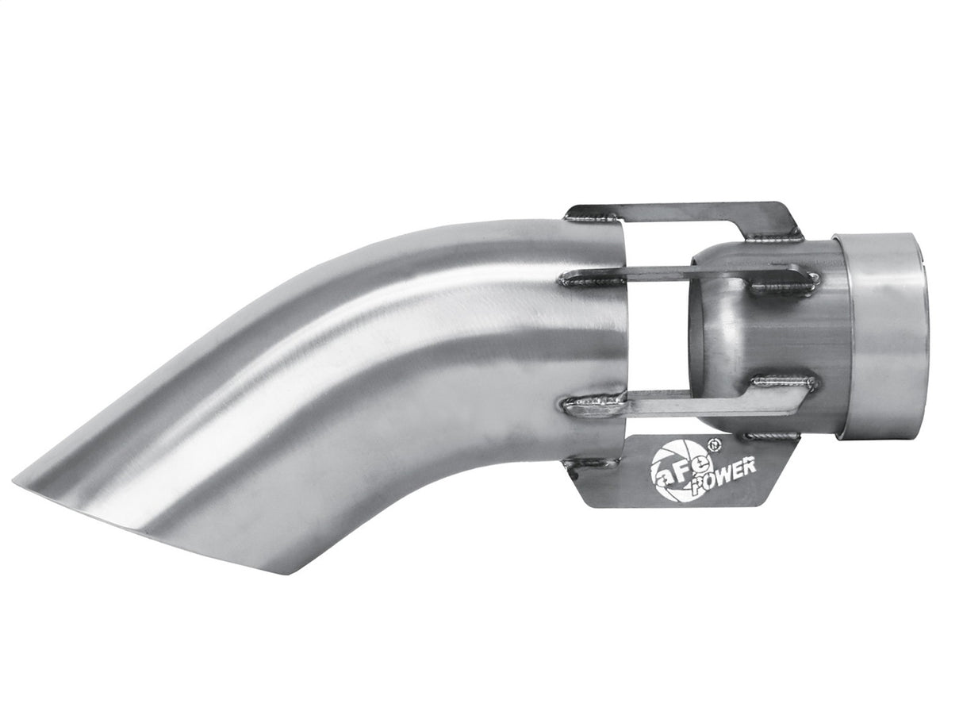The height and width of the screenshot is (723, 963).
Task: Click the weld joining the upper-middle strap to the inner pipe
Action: coord(785,281)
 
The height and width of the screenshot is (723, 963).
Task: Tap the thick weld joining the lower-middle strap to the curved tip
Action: coord(591,406)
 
